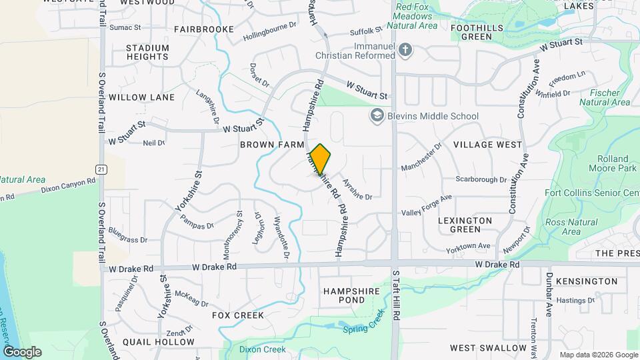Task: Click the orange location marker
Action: click(321, 159)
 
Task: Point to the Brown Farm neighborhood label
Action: click(272, 145)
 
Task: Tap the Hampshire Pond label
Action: click(351, 296)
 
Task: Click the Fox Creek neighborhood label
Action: click(238, 315)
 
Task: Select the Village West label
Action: click(487, 145)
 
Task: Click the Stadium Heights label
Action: click(147, 53)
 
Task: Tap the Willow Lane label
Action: click(141, 97)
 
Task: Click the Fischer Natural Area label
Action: click(605, 97)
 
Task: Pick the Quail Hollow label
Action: click(163, 342)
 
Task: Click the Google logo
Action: click(22, 352)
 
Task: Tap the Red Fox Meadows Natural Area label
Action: click(416, 17)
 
